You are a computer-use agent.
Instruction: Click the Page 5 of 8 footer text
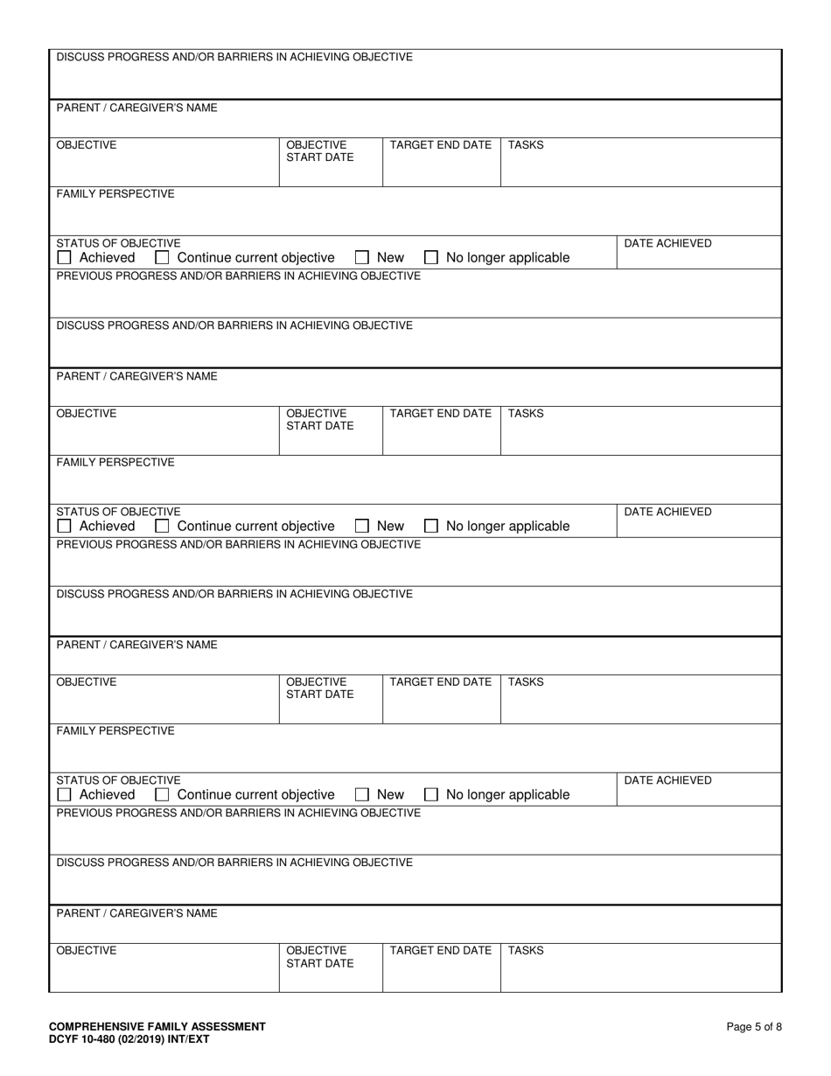pyautogui.click(x=754, y=1027)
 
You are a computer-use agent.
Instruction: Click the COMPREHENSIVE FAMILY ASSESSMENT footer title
pyautogui.click(x=157, y=1026)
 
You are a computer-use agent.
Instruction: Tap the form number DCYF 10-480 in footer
pyautogui.click(x=129, y=1039)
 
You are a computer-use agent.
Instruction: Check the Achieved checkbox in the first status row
pyautogui.click(x=64, y=258)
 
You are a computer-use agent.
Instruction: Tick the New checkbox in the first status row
pyautogui.click(x=362, y=258)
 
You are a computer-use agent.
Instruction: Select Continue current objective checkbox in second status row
pyautogui.click(x=162, y=527)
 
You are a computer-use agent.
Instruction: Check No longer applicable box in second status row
pyautogui.click(x=431, y=527)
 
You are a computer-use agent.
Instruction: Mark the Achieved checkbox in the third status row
pyautogui.click(x=64, y=795)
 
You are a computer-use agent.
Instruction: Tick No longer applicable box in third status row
pyautogui.click(x=431, y=795)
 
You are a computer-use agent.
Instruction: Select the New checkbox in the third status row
pyautogui.click(x=362, y=795)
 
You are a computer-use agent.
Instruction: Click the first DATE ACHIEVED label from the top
pyautogui.click(x=667, y=243)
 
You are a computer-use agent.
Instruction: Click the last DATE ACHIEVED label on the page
pyautogui.click(x=667, y=780)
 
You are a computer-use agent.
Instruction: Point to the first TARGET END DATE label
pyautogui.click(x=440, y=145)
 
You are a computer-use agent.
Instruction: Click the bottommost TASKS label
pyautogui.click(x=526, y=950)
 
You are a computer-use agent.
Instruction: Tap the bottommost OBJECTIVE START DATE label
pyautogui.click(x=319, y=957)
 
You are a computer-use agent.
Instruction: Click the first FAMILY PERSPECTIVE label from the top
pyautogui.click(x=115, y=194)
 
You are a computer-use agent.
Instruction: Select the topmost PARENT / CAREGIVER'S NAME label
pyautogui.click(x=137, y=108)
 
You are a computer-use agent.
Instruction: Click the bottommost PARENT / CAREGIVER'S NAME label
pyautogui.click(x=137, y=913)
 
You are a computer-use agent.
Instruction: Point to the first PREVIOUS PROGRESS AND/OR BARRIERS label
pyautogui.click(x=239, y=276)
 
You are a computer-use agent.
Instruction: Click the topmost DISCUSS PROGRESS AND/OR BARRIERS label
pyautogui.click(x=234, y=58)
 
